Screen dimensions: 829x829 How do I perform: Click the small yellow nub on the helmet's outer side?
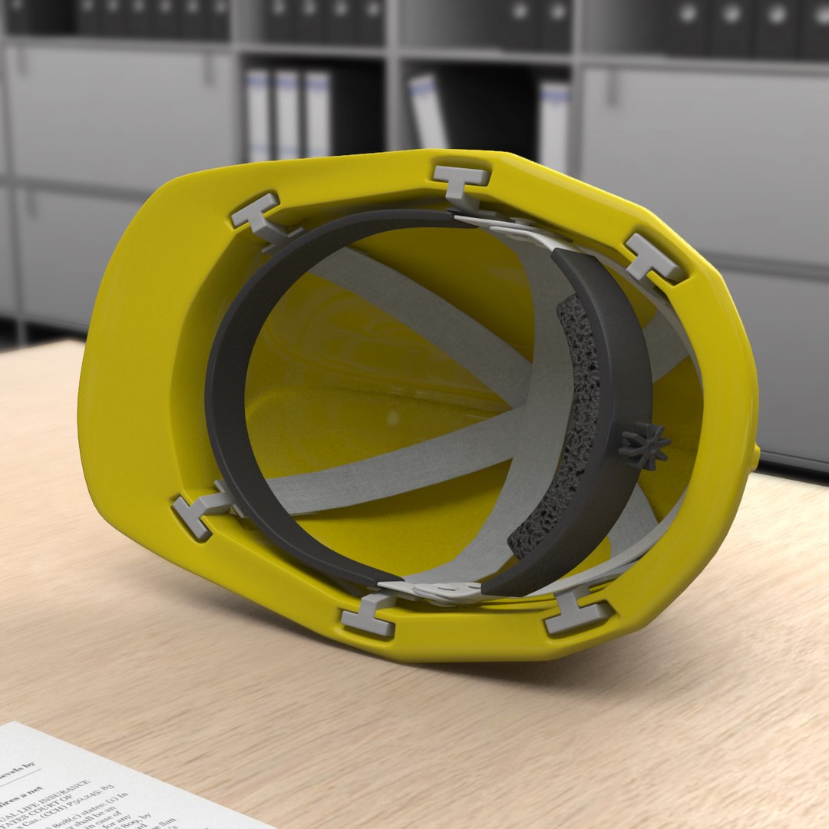[756, 457]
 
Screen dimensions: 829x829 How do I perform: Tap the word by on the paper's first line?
[31, 767]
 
